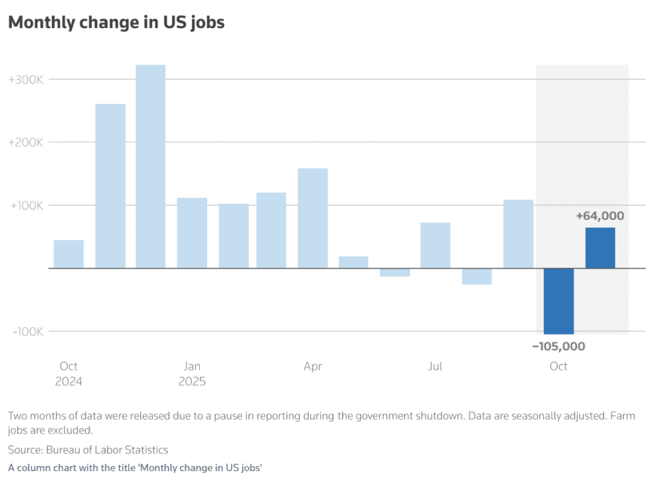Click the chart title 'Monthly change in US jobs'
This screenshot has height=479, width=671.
(x=116, y=22)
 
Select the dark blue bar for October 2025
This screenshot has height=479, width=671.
(x=558, y=301)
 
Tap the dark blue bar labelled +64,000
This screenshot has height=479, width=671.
(x=600, y=248)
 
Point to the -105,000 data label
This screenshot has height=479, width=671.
(x=558, y=346)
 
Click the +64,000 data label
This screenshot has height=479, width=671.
(x=600, y=216)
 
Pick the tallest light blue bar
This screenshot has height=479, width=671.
(x=150, y=166)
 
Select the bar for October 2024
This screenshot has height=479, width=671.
(x=69, y=254)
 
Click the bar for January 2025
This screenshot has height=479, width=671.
(x=192, y=233)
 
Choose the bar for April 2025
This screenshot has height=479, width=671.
(x=313, y=218)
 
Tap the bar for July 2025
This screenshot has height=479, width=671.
(x=435, y=245)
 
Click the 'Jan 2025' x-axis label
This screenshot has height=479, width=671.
(x=192, y=374)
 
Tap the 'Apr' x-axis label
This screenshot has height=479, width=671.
(x=313, y=366)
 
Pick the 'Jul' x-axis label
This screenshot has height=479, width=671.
(x=435, y=366)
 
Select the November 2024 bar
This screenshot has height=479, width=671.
(x=110, y=186)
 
